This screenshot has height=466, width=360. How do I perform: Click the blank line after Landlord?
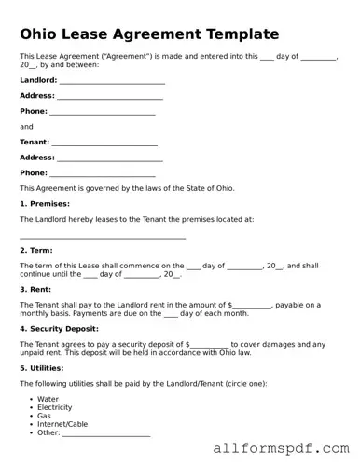click(112, 82)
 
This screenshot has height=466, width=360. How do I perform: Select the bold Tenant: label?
click(35, 142)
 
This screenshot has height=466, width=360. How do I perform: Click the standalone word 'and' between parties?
click(26, 127)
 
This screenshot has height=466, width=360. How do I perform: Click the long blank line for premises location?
click(103, 238)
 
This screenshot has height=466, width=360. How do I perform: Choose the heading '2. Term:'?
click(36, 251)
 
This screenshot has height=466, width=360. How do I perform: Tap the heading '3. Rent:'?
click(35, 290)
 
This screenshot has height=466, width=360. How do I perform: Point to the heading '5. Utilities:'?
click(43, 368)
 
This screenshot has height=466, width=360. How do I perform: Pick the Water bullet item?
click(48, 399)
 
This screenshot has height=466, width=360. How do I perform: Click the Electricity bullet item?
click(55, 408)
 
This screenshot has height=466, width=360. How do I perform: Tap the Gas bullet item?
click(44, 417)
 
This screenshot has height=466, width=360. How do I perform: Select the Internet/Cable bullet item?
click(63, 425)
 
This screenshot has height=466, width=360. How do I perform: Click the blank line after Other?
click(105, 434)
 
